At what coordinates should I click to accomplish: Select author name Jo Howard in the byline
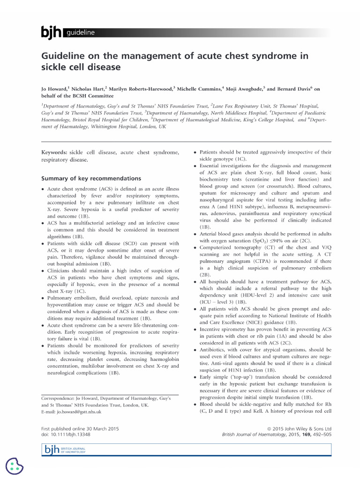[x=54, y=89]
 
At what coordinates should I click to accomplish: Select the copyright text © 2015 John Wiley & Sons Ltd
[x=298, y=428]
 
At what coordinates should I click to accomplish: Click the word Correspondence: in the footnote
[x=60, y=398]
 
